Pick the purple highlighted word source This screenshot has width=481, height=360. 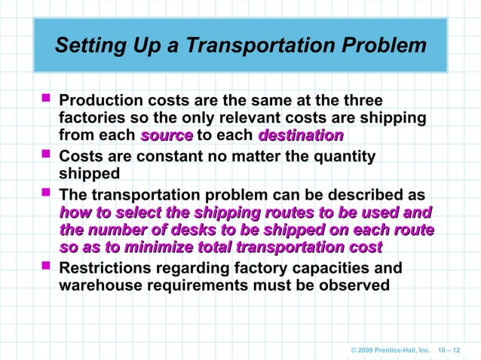coord(167,136)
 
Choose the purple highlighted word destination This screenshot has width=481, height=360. coord(301,136)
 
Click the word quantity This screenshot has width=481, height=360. coord(341,157)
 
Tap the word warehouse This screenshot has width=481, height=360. coord(100,285)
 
